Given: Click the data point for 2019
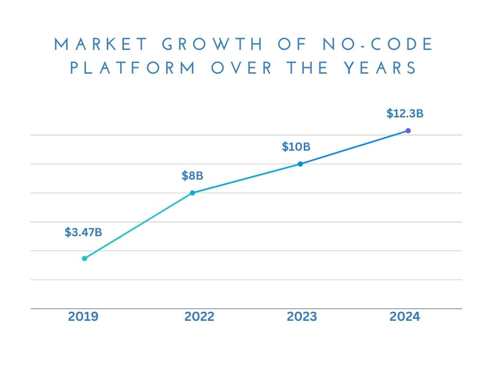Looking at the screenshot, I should pyautogui.click(x=84, y=259).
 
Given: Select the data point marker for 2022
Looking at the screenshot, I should pyautogui.click(x=192, y=193).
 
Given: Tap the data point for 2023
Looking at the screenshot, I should pyautogui.click(x=300, y=164).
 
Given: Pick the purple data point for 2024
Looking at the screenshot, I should pyautogui.click(x=408, y=131).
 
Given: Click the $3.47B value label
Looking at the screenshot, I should pyautogui.click(x=84, y=232).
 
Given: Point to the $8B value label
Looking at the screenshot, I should pyautogui.click(x=192, y=176).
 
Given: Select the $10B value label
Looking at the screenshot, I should pyautogui.click(x=296, y=147).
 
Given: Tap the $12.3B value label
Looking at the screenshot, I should pyautogui.click(x=404, y=114).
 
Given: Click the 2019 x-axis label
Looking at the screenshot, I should pyautogui.click(x=83, y=317).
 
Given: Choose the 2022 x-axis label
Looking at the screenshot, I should pyautogui.click(x=199, y=317).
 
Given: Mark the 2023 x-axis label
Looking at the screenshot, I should pyautogui.click(x=302, y=317).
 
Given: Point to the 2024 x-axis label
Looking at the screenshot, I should pyautogui.click(x=405, y=317).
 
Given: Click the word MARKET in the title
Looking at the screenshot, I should pyautogui.click(x=101, y=45).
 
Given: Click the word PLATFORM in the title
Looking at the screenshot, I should pyautogui.click(x=133, y=68).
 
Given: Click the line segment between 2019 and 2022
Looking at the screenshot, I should pyautogui.click(x=138, y=226).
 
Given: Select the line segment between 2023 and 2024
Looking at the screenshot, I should pyautogui.click(x=354, y=147).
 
